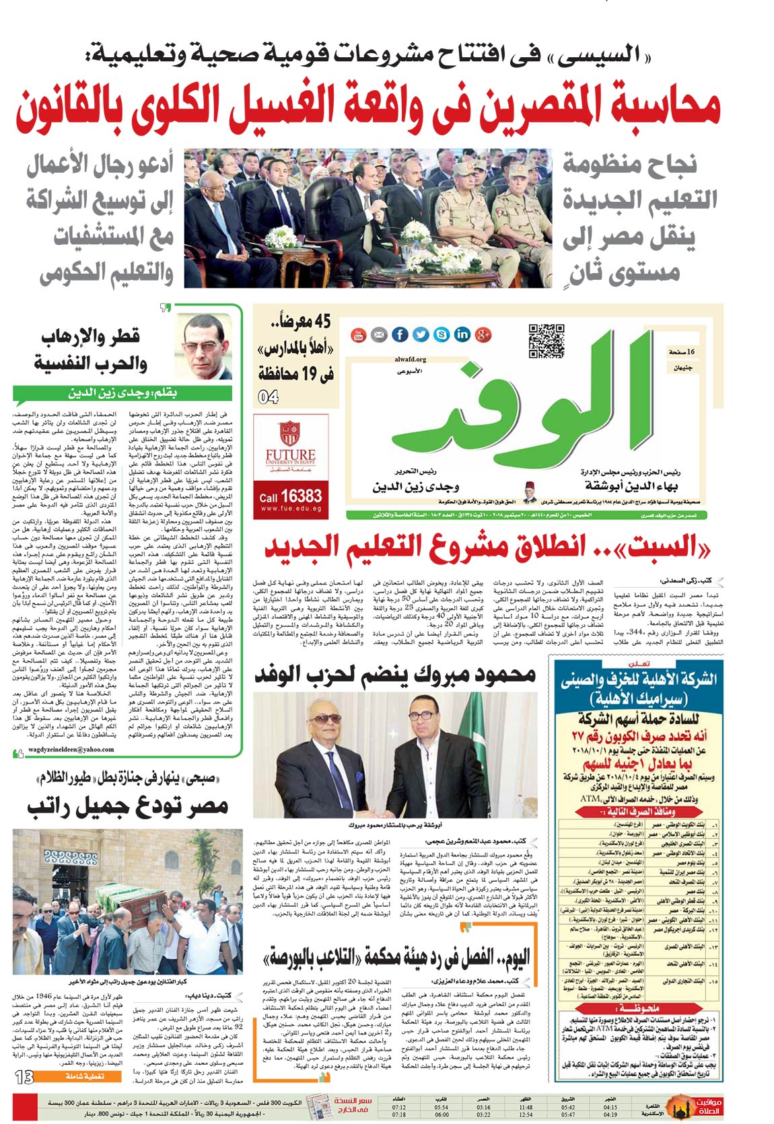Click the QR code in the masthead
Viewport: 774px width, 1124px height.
coord(546,341)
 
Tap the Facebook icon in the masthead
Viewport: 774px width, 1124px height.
coord(400,334)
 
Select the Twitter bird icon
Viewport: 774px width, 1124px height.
coord(421,334)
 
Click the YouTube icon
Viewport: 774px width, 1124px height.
coord(358,334)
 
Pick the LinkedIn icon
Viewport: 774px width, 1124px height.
coord(462,334)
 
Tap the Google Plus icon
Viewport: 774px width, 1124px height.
coord(483,334)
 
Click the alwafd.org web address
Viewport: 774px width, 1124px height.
coord(411,359)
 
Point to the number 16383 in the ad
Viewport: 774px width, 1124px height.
coord(300,496)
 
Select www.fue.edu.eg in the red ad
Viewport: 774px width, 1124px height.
coord(290,509)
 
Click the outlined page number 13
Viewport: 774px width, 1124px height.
coord(24,1078)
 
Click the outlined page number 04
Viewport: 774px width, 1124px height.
coord(268,397)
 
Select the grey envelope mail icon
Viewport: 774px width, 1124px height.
coord(379,334)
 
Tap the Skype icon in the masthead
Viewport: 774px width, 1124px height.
coord(442,334)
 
